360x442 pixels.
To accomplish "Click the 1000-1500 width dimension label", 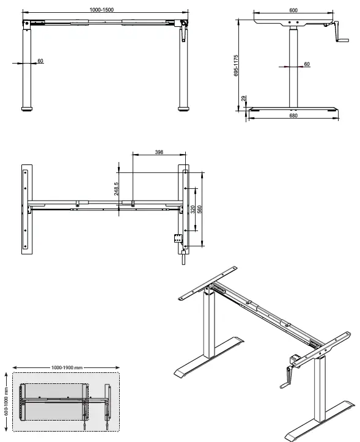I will [x=102, y=10].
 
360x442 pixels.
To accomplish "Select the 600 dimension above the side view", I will [x=293, y=10].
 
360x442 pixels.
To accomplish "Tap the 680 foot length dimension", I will [x=293, y=117].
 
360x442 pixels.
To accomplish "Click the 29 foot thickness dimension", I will [x=243, y=98].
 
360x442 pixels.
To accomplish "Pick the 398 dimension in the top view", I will [x=158, y=152].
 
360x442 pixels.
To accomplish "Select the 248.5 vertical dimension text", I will [x=116, y=190].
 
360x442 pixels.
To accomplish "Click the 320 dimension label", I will [x=193, y=209].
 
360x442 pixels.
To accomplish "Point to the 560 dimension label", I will [x=200, y=209].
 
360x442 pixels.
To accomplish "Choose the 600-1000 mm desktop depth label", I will [x=6, y=400].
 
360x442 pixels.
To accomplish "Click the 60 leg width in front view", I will [x=40, y=61].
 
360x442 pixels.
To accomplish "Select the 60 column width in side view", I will [x=307, y=64].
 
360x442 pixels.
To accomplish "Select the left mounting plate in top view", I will [x=26, y=208].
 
